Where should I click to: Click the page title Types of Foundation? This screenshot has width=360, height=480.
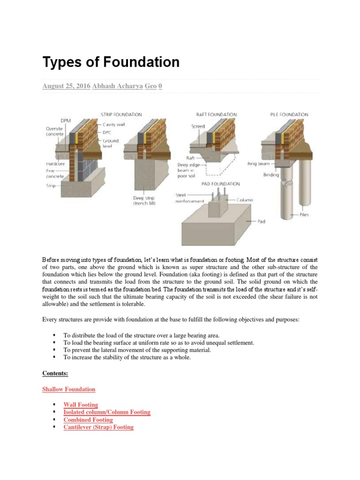[111, 62]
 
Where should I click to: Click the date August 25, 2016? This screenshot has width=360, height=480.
[66, 86]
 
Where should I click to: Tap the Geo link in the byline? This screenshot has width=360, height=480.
[151, 86]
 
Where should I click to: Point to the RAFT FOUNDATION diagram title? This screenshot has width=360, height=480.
[217, 114]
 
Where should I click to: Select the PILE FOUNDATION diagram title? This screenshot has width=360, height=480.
[289, 114]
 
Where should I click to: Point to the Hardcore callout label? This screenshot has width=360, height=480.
[55, 164]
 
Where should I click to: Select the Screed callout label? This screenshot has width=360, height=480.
[198, 127]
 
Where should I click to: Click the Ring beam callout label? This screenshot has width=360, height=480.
[258, 164]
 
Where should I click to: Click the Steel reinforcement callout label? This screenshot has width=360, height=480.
[189, 198]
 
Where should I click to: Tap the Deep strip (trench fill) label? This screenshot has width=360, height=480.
[144, 201]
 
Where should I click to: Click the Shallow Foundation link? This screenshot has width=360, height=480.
[68, 390]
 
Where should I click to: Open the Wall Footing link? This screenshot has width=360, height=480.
[81, 405]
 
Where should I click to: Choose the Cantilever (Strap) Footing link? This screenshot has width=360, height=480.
[98, 427]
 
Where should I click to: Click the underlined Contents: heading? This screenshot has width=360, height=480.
[55, 374]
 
